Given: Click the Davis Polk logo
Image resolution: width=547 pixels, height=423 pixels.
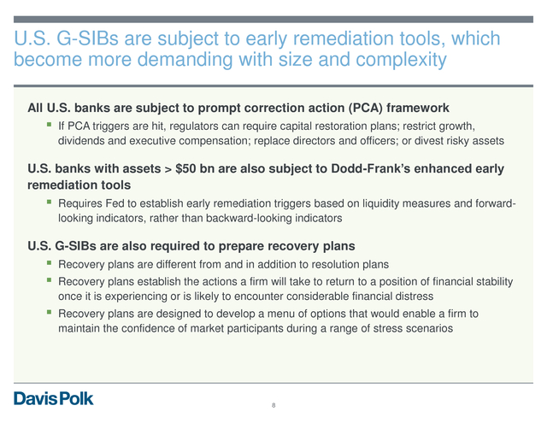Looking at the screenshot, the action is pyautogui.click(x=53, y=398).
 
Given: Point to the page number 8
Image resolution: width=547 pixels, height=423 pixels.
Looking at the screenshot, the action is pyautogui.click(x=273, y=405).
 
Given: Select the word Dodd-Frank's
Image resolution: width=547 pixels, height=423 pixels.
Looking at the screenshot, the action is pyautogui.click(x=371, y=169).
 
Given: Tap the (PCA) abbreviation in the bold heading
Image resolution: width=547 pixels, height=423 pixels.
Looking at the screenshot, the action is pyautogui.click(x=365, y=108).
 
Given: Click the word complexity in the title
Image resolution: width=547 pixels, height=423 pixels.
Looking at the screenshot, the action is pyautogui.click(x=401, y=60).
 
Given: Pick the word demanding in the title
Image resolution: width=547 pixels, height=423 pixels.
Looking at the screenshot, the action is pyautogui.click(x=185, y=60).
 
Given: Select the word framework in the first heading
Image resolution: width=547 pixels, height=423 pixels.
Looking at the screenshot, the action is pyautogui.click(x=418, y=108).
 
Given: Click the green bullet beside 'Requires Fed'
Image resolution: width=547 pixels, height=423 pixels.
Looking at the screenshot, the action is pyautogui.click(x=50, y=202).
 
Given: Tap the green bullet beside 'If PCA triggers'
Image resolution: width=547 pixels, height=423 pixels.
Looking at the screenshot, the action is pyautogui.click(x=50, y=124).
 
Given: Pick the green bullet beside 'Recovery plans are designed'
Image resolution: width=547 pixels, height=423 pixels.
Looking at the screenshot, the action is pyautogui.click(x=50, y=312).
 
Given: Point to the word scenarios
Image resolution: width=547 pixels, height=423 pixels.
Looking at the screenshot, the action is pyautogui.click(x=431, y=328).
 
